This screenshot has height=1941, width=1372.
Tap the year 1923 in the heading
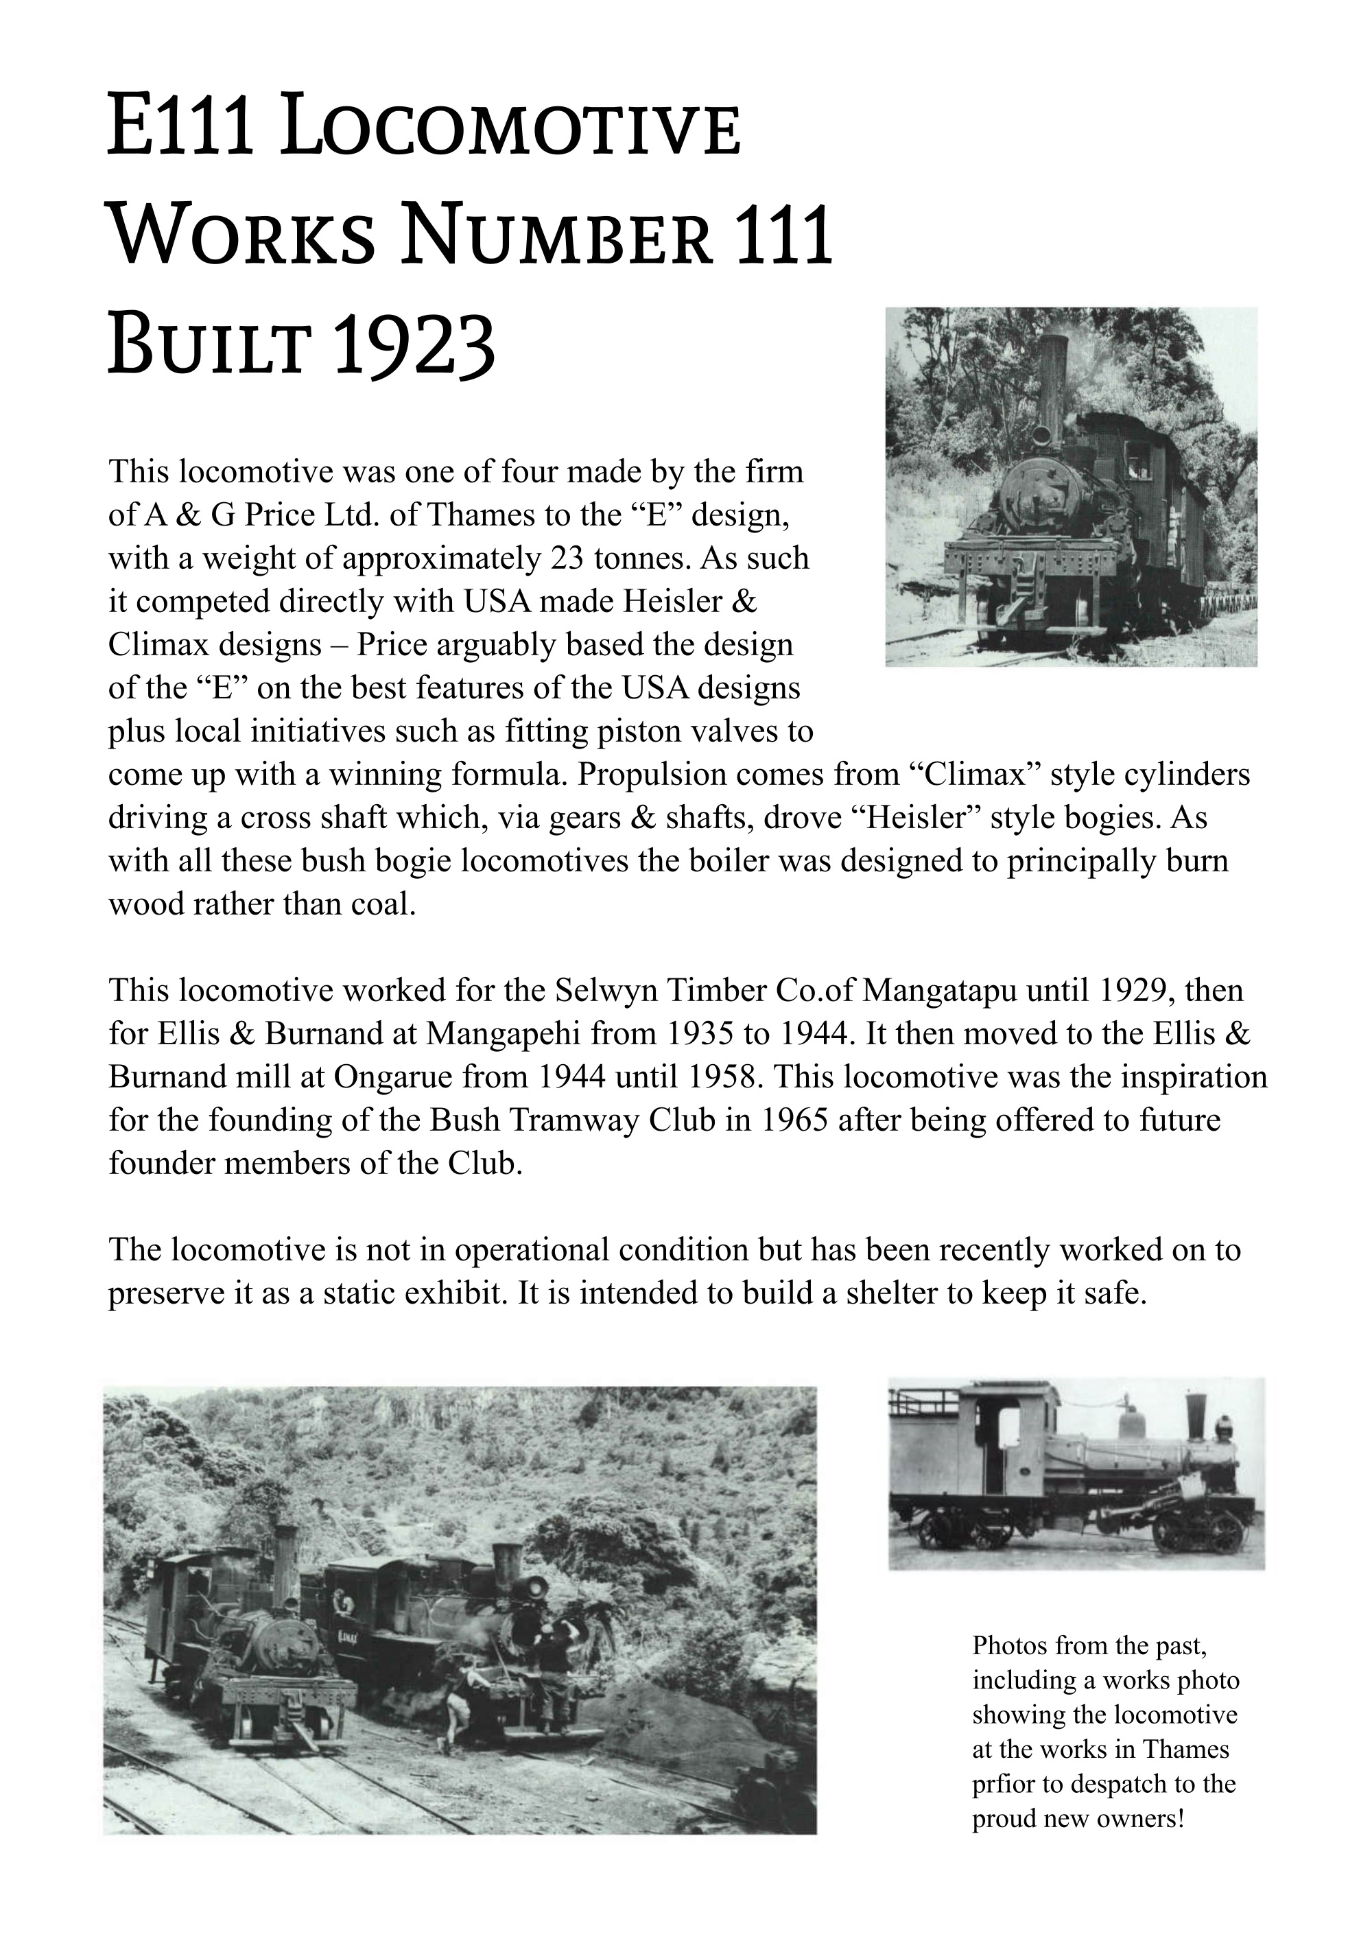(414, 346)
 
